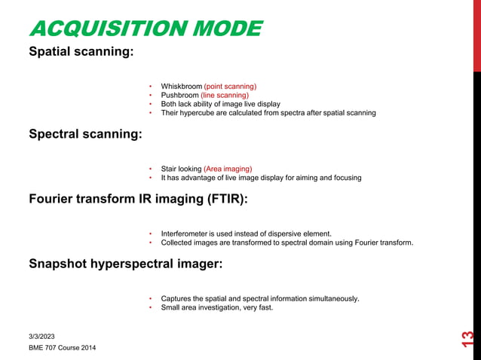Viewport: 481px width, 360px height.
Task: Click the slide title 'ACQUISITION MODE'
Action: pos(145,29)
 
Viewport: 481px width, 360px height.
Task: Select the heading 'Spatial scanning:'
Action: pos(81,53)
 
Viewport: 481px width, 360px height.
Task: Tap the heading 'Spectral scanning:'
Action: pos(85,134)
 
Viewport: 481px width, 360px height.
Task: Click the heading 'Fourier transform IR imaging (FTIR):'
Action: pos(138,200)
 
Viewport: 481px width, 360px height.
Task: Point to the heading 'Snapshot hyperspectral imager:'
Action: pos(125,264)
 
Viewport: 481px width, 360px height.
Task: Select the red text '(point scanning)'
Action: pos(230,86)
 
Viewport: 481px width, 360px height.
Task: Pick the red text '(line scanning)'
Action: pos(225,95)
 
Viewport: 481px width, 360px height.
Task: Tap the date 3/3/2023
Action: pos(41,336)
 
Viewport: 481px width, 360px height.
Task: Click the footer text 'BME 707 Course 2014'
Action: pos(62,348)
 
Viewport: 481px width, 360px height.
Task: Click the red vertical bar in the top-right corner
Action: pos(476,35)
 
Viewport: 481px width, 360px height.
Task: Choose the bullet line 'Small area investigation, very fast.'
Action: pos(216,307)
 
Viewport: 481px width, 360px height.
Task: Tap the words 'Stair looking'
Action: pos(181,169)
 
